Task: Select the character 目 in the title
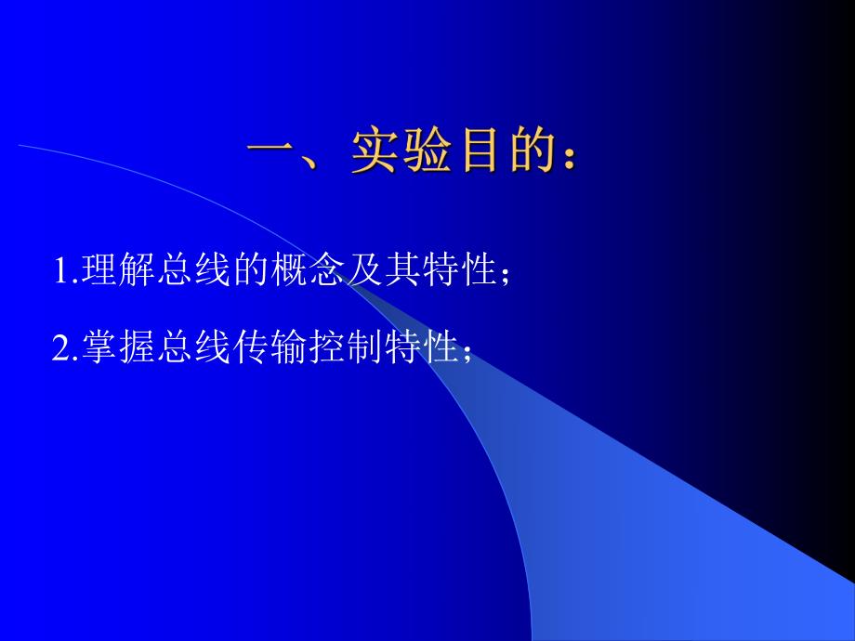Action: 486,151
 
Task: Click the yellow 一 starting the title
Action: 273,151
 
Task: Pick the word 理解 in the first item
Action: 113,271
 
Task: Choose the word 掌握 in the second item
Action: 113,348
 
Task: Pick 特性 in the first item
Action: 450,271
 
